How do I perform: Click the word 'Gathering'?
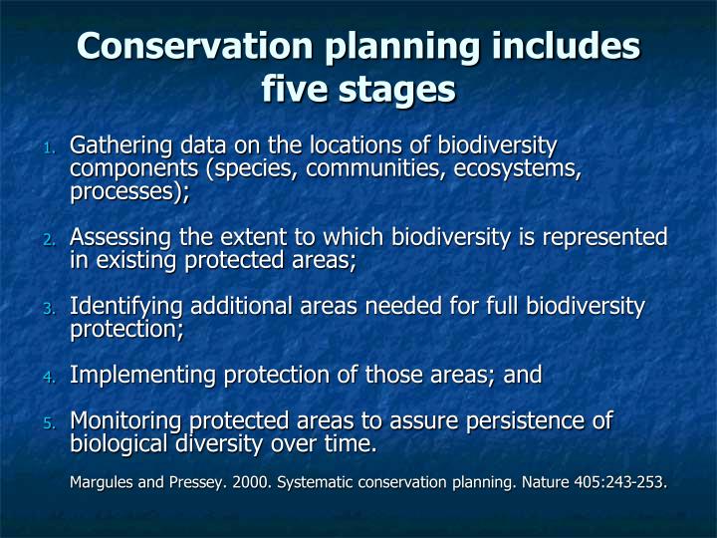coord(119,146)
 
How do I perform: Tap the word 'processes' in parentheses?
coord(127,192)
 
